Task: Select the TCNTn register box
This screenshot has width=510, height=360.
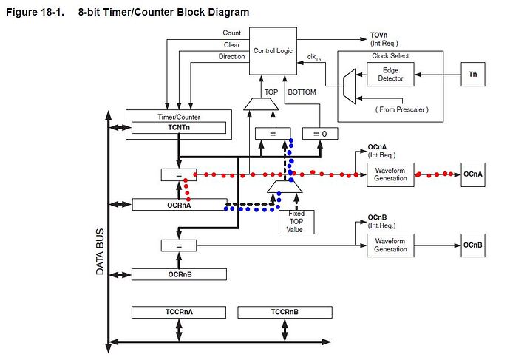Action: point(177,126)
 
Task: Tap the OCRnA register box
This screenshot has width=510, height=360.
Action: point(179,204)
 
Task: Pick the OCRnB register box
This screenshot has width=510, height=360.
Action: point(177,274)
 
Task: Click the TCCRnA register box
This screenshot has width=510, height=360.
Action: point(179,312)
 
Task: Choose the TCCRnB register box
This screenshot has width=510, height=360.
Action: point(285,312)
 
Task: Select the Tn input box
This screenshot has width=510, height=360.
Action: point(473,75)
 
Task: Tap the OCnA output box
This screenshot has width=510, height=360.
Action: point(473,174)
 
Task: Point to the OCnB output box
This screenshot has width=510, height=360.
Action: point(473,245)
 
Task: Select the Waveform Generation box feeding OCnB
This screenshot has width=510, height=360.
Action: point(390,245)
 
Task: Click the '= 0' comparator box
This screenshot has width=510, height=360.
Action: point(319,134)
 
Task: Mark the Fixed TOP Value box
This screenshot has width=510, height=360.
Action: point(296,222)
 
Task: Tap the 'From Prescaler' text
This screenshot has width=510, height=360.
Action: point(401,109)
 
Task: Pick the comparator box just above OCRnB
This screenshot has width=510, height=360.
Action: point(178,245)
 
